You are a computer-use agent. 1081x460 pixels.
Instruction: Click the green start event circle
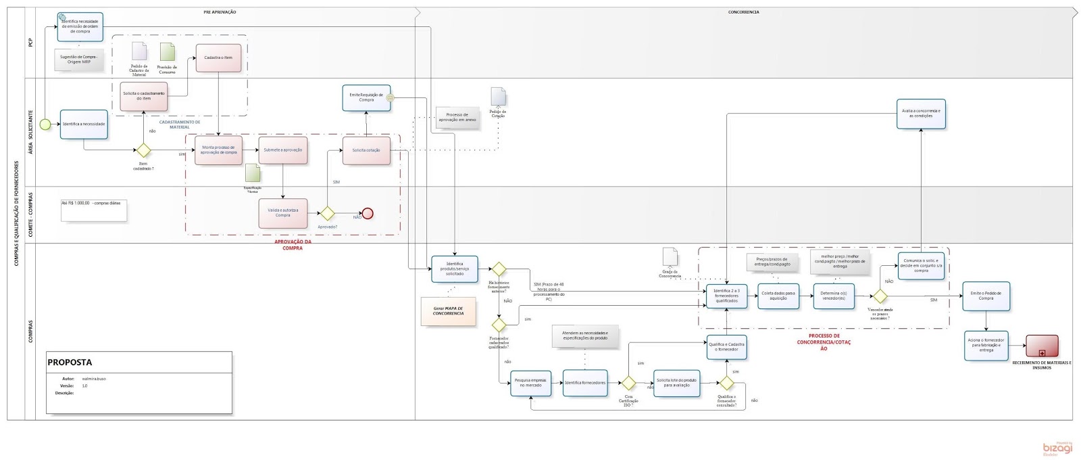pos(45,124)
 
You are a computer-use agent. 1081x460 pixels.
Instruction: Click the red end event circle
pos(368,214)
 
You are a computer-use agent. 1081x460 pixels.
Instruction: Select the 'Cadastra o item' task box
pos(218,58)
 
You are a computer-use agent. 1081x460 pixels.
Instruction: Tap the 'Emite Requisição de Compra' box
pos(366,98)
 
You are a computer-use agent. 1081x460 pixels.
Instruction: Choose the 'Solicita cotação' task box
pos(366,150)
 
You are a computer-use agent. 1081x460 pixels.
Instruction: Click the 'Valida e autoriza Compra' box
pos(282,213)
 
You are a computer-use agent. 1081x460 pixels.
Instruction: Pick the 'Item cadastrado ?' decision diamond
pos(143,150)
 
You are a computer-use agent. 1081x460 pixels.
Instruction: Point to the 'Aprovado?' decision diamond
pos(327,214)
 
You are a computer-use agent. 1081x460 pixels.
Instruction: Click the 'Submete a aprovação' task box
pos(282,150)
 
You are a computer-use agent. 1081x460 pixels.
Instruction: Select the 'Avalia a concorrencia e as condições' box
pos(921,114)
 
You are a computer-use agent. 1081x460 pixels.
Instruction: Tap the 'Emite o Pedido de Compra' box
pos(986,296)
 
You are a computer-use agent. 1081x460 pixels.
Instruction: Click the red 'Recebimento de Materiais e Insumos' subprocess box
pos(1042,346)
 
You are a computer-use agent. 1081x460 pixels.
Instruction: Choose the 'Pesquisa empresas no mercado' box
pos(530,383)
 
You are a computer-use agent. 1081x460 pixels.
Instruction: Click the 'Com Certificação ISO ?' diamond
pos(628,384)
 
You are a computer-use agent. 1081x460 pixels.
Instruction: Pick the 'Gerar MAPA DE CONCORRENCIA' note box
pos(448,311)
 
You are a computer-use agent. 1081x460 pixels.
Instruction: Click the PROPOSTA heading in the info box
pos(70,363)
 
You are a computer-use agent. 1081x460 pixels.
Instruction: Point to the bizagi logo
pos(1057,448)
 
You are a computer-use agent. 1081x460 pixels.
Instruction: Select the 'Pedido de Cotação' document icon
pos(498,97)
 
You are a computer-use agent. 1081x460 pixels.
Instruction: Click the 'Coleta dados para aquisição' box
pos(778,296)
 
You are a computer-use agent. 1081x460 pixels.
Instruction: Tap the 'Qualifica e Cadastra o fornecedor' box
pos(726,347)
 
